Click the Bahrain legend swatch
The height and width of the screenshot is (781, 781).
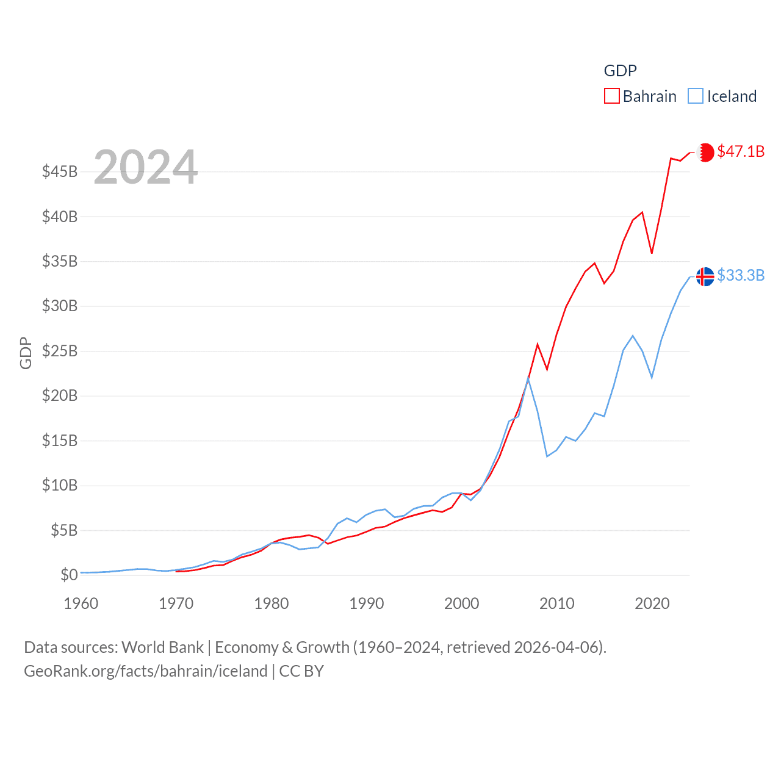point(611,96)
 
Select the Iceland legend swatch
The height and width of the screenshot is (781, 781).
point(696,96)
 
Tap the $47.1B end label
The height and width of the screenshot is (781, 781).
point(741,151)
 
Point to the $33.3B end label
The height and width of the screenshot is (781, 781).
point(741,275)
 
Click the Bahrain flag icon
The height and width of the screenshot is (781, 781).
point(705,152)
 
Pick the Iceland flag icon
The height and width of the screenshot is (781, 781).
point(705,276)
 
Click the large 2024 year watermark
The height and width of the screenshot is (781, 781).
point(145,167)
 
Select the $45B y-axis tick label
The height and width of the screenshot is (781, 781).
point(60,171)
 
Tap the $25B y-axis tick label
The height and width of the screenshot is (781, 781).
point(60,351)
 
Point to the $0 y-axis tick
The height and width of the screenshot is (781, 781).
point(69,575)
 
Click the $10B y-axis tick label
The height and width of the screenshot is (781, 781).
point(60,485)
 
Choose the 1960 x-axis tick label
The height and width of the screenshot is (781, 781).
point(81,603)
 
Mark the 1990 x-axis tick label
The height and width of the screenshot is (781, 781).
point(367,603)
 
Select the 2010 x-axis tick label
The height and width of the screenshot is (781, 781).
point(557,603)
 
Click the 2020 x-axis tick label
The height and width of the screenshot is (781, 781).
point(652,603)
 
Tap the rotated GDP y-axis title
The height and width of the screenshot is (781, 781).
point(26,353)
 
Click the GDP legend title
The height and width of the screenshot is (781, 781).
point(620,71)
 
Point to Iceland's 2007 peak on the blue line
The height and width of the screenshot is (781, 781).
point(528,379)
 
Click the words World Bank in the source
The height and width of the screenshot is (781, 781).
point(163,647)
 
